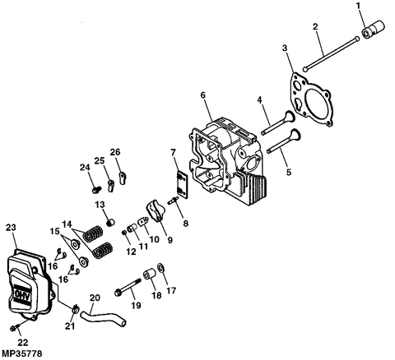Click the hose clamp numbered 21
tap(75, 311)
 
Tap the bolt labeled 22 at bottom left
tap(16, 330)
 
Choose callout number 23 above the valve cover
tap(11, 227)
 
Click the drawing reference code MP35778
tap(22, 353)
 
